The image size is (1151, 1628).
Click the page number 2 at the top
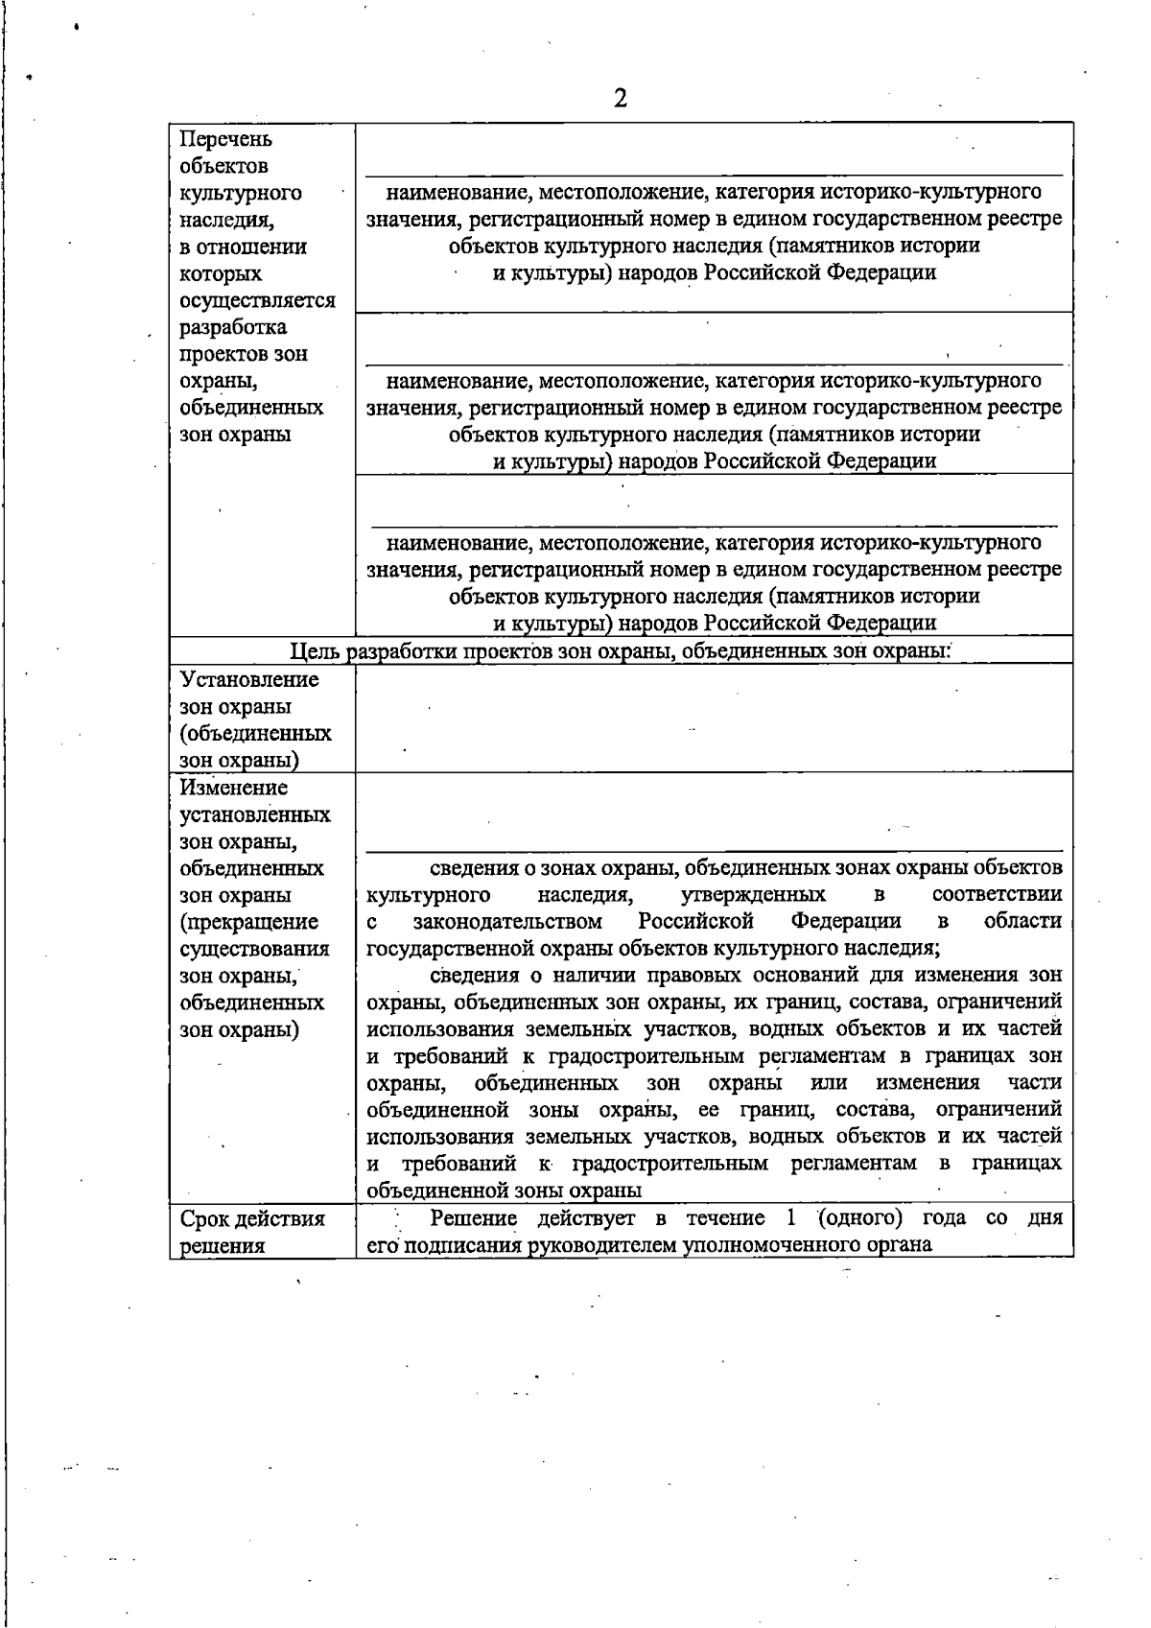(620, 99)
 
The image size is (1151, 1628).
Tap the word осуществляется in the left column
(257, 301)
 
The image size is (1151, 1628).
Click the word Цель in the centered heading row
(316, 652)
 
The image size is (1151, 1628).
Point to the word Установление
(249, 680)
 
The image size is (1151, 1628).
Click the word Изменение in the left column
(234, 788)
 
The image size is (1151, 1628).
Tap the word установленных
(255, 815)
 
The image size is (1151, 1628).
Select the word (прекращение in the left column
(249, 923)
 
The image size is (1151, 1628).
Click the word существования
(254, 950)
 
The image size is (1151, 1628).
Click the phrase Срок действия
(252, 1219)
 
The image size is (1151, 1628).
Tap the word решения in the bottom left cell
(223, 1246)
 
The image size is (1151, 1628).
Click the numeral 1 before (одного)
(790, 1218)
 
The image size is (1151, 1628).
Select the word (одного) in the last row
(860, 1218)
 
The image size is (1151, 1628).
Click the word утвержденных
(753, 895)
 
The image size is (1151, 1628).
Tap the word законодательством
(507, 922)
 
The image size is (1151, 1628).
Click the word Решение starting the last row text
(474, 1218)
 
